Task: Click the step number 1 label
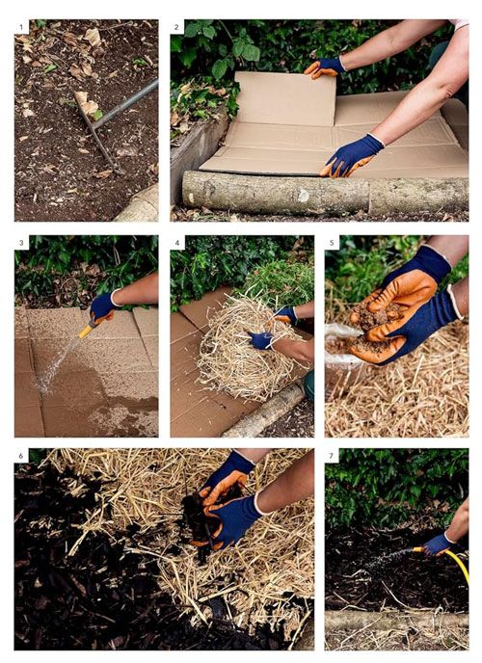21,28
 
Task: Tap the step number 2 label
176,28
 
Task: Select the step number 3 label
21,243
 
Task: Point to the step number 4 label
177,243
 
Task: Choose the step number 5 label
332,243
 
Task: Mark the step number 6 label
21,456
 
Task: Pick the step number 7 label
332,456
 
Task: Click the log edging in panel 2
326,194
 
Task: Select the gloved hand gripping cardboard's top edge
325,67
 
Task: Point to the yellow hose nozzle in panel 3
87,331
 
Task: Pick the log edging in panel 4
264,411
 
